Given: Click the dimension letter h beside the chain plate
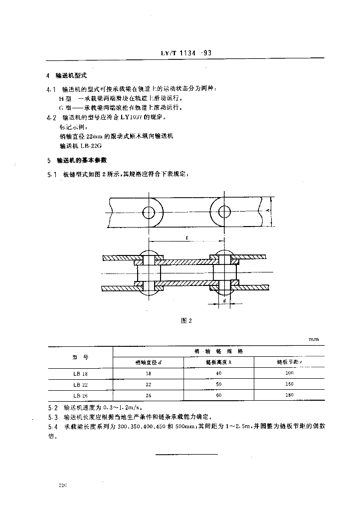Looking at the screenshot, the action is [267, 211].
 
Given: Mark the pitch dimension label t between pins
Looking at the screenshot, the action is [186, 239].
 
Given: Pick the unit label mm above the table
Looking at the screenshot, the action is [313, 339].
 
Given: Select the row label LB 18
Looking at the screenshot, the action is [79, 374].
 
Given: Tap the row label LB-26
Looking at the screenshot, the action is [79, 395].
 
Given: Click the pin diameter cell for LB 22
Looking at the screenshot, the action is [148, 384].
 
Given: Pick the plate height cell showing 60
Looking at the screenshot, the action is [219, 395].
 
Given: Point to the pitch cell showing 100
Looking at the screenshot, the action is [289, 374].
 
